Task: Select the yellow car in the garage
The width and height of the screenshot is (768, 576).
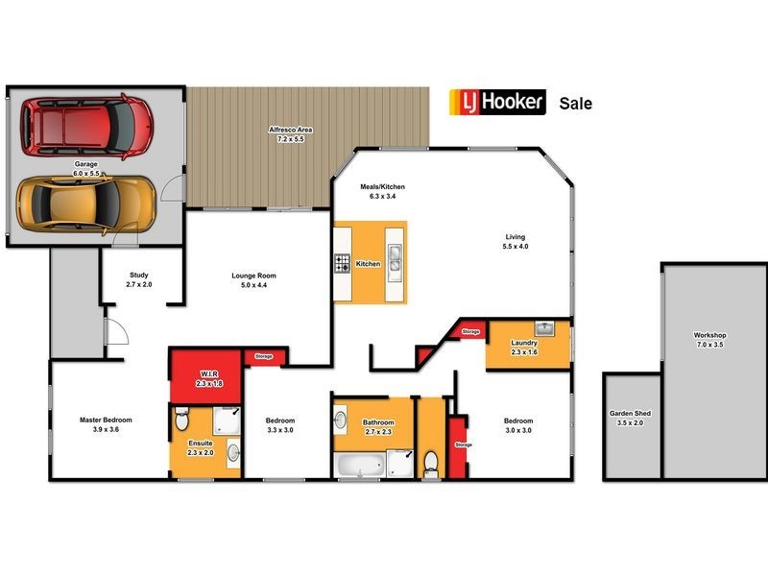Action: pos(86,200)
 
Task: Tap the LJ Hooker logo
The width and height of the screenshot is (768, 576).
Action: pos(498,103)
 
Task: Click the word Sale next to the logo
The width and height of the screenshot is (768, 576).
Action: pos(575,104)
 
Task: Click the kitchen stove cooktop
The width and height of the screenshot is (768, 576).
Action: pos(342,263)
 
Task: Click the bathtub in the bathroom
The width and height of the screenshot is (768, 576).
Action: pos(359,468)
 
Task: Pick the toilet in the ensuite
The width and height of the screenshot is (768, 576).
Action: pos(182,418)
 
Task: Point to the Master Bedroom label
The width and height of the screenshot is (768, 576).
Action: pos(106,420)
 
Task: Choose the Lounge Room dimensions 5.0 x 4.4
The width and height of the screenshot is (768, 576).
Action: pos(254,284)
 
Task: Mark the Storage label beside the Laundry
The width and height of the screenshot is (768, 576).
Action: pos(470,331)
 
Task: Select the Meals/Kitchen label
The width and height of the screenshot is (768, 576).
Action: pos(382,186)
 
